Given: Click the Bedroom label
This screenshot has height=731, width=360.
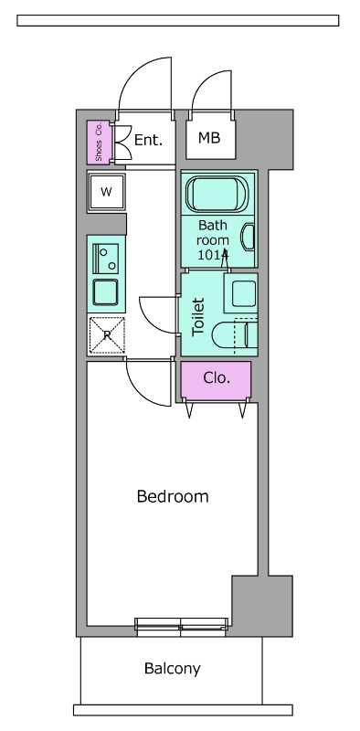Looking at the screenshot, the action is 173,496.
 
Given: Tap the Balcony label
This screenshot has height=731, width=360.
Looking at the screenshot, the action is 173,669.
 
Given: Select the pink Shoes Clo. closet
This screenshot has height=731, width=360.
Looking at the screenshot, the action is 99,143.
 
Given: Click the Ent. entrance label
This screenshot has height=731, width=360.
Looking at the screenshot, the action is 148,140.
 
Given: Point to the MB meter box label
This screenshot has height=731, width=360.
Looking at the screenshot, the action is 209,138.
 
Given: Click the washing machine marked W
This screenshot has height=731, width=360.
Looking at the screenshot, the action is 107,192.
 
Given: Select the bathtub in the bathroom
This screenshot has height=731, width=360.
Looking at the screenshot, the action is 217,194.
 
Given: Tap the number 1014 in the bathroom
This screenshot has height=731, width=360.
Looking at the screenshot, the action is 213,255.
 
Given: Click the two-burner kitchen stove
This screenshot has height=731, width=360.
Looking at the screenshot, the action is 105,259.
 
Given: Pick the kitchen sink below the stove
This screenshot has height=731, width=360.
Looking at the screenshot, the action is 105,291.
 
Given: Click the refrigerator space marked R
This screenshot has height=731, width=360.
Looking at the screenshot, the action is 107,334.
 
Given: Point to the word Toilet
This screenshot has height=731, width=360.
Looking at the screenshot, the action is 198,316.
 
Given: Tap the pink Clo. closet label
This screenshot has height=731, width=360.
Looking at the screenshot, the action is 217,377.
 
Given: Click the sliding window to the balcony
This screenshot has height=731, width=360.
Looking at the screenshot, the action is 181,627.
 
